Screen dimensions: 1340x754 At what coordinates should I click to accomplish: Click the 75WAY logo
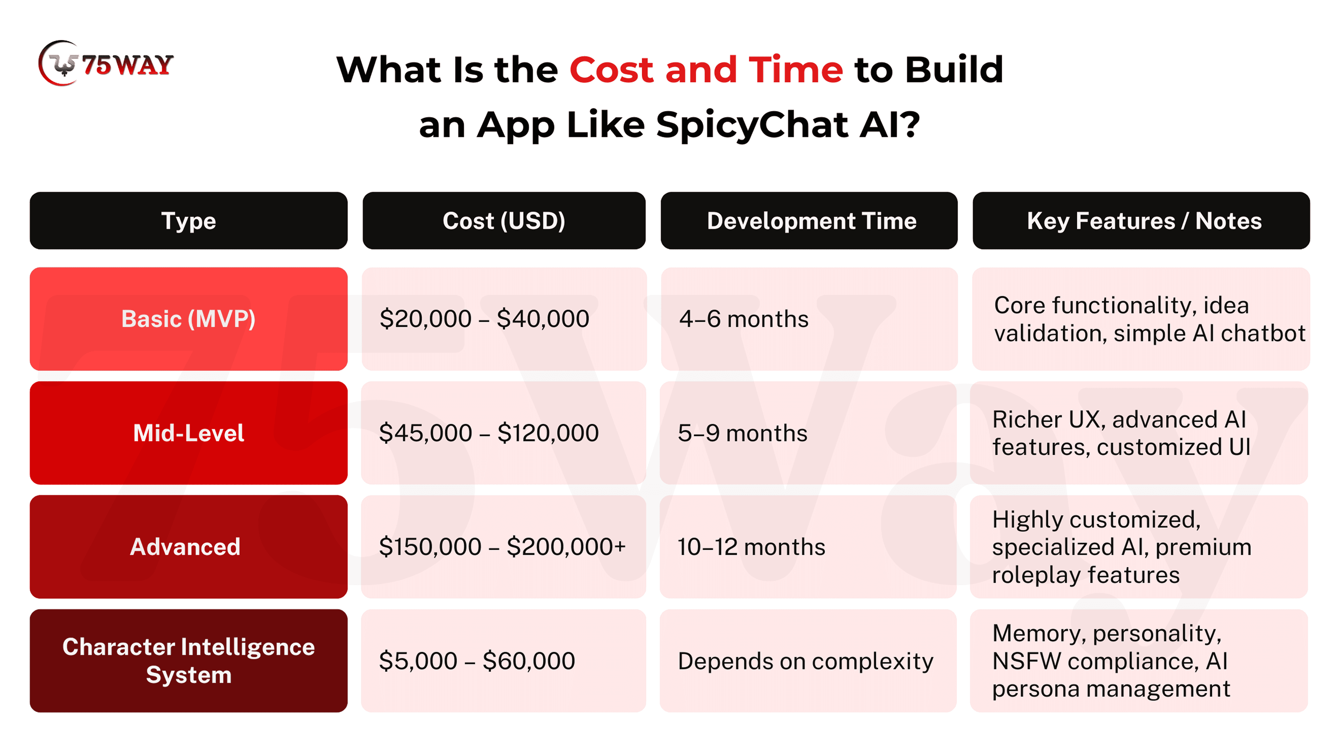pos(106,64)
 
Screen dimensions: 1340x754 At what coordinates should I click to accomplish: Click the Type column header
pos(188,221)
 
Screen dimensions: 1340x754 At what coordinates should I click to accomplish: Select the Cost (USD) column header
pos(504,221)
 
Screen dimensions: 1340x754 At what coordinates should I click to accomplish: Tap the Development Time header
pos(809,221)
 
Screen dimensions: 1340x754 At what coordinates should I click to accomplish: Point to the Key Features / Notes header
pos(1141,221)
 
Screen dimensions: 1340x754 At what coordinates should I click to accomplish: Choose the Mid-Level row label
pos(188,433)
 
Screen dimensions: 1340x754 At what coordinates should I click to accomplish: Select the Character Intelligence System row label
pos(188,661)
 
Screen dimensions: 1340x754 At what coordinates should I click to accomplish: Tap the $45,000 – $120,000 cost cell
pos(504,433)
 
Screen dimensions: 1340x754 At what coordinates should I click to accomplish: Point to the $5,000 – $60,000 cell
pos(504,661)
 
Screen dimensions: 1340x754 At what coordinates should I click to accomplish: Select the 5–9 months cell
pos(809,433)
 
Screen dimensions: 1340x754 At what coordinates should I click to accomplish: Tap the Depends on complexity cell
pos(809,661)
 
